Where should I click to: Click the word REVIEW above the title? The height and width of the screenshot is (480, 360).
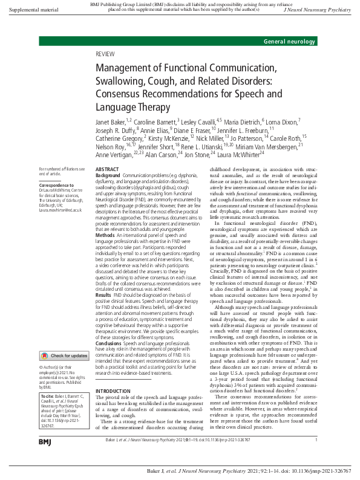pos(105,54)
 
